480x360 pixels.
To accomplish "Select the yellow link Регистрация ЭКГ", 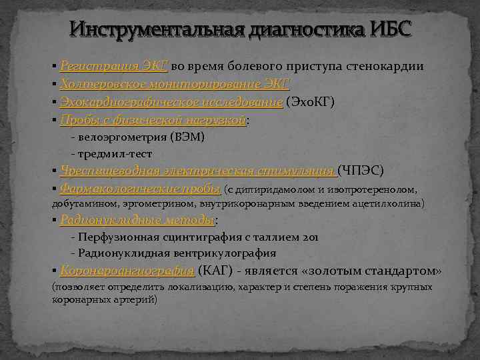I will [114, 67].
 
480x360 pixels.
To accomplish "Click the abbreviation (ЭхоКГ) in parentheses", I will [310, 102].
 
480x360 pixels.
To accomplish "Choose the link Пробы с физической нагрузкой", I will [153, 120].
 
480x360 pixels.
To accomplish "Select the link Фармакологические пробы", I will [140, 189].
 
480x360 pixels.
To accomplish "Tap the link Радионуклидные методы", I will [137, 220].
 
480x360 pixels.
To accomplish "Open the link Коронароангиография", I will [127, 271].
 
